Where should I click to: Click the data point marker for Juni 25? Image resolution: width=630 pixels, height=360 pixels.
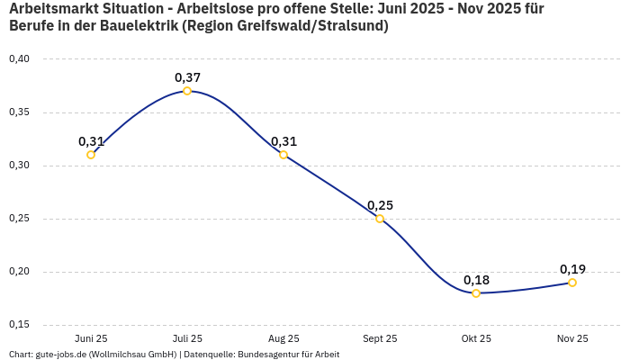pos(91,155)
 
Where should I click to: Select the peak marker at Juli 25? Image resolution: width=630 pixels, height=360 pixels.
pos(187,91)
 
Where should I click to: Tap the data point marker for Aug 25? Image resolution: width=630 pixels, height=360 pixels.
pos(283,155)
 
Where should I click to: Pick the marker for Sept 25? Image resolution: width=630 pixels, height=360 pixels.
pos(380,219)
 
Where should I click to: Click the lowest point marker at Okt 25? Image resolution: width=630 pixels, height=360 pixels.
pos(476,293)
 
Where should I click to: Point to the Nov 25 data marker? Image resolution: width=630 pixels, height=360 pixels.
pos(572,283)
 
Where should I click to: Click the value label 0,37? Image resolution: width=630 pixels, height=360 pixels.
pos(187,77)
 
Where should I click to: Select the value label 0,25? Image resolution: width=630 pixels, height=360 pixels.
pos(380,205)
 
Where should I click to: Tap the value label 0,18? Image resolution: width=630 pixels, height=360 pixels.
pos(476,280)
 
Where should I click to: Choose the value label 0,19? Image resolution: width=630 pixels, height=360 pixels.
pos(572,269)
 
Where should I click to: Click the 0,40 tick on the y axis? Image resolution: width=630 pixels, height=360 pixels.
pos(19,59)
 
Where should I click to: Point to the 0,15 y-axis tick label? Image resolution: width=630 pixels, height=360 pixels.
pos(19,325)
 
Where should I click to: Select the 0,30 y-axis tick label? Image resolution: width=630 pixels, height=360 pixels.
pos(19,166)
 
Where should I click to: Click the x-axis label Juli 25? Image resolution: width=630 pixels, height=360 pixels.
pos(187,338)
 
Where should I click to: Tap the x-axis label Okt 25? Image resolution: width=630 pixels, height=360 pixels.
pos(476,338)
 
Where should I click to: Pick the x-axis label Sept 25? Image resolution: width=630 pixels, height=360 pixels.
pos(380,338)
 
